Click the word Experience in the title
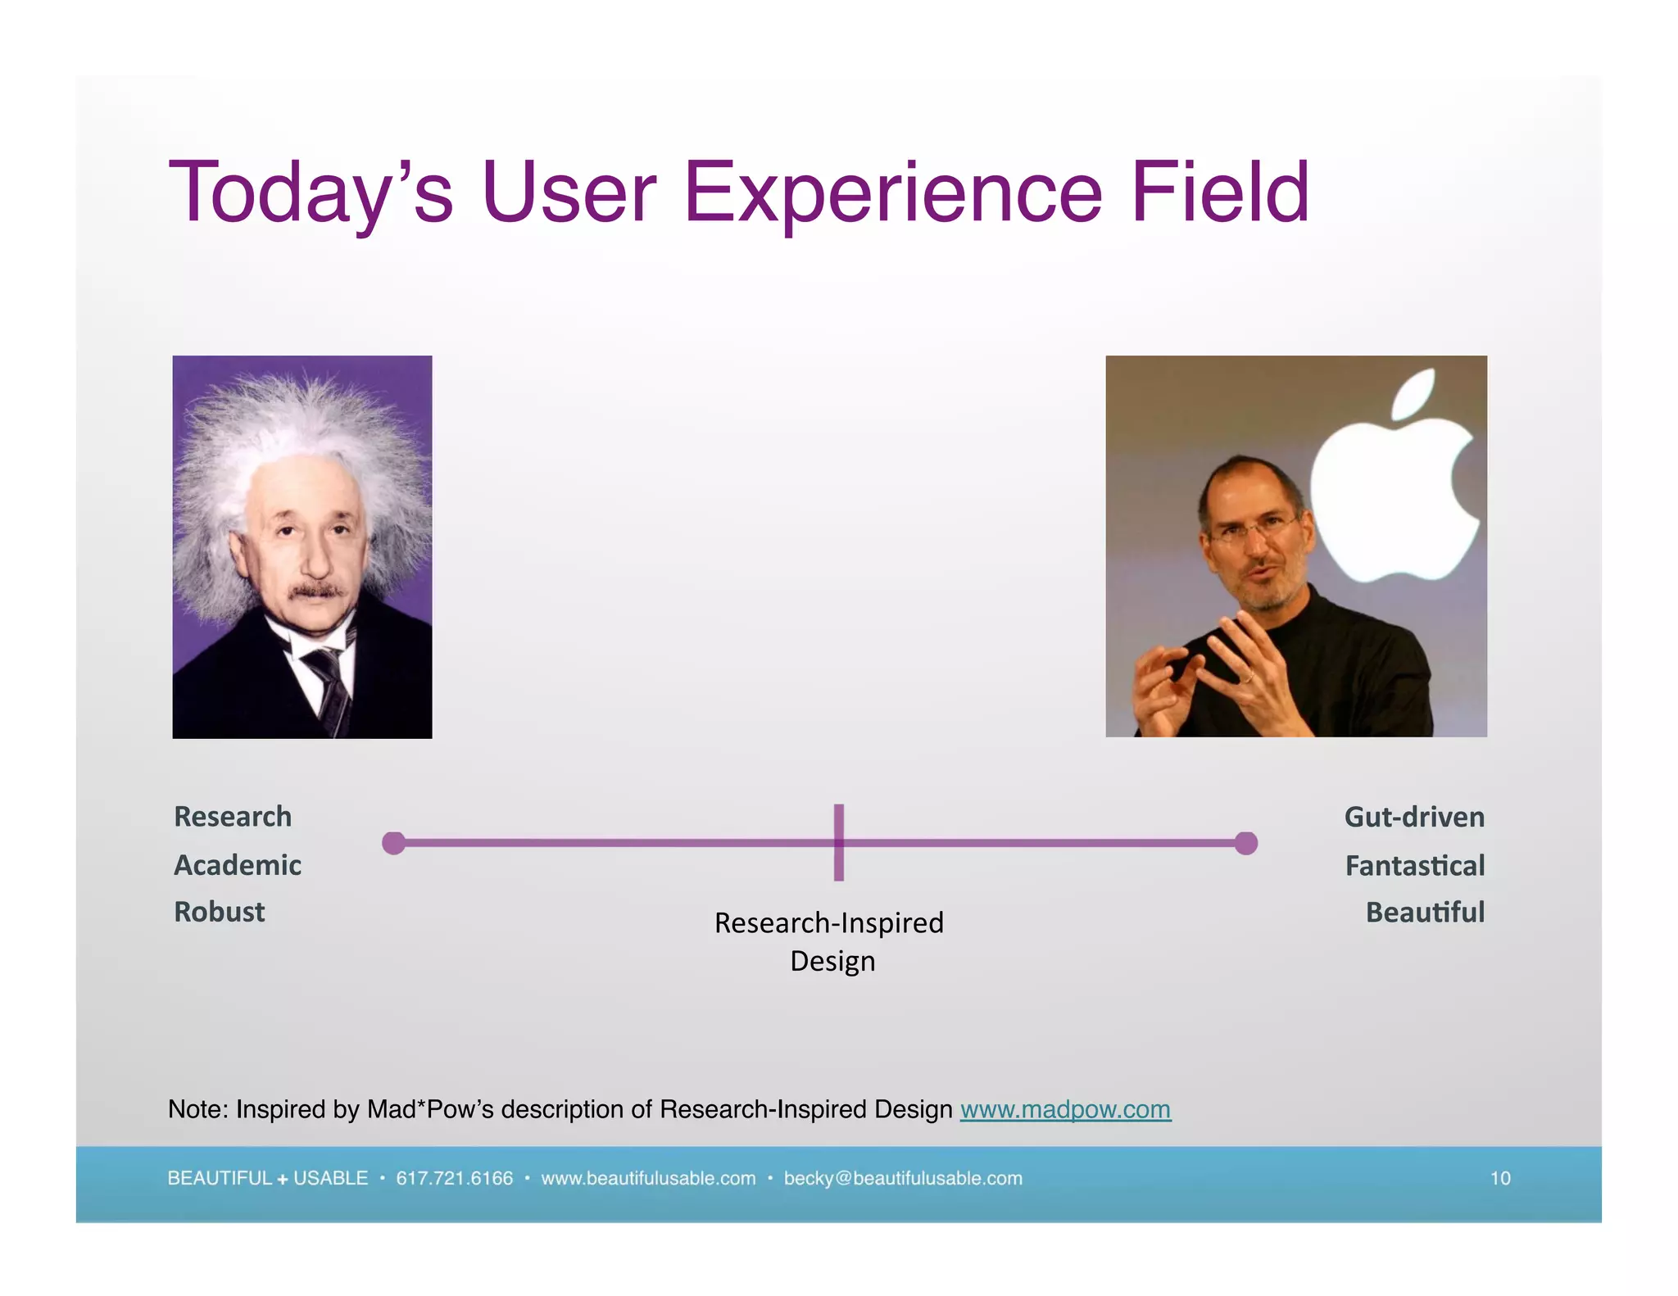click(892, 193)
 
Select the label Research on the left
click(233, 817)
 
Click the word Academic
click(238, 865)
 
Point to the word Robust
click(220, 912)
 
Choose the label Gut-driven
click(1414, 817)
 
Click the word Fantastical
click(1415, 866)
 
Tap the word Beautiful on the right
click(1425, 912)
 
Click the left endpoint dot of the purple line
click(394, 843)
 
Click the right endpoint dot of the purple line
click(1245, 843)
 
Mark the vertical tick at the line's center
click(839, 843)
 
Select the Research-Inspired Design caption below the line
click(829, 941)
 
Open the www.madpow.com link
click(1065, 1109)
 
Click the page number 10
click(1499, 1178)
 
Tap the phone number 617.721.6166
click(454, 1178)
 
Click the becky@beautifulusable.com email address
click(903, 1178)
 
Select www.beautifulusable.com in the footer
click(648, 1178)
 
